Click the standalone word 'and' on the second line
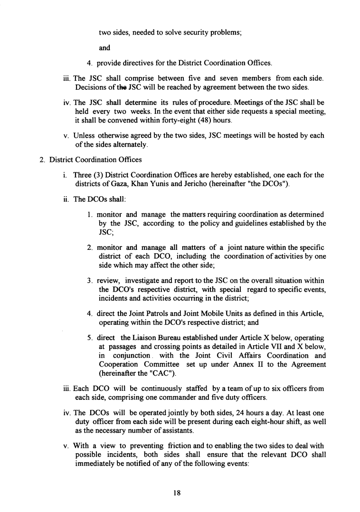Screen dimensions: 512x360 click(x=104, y=47)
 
